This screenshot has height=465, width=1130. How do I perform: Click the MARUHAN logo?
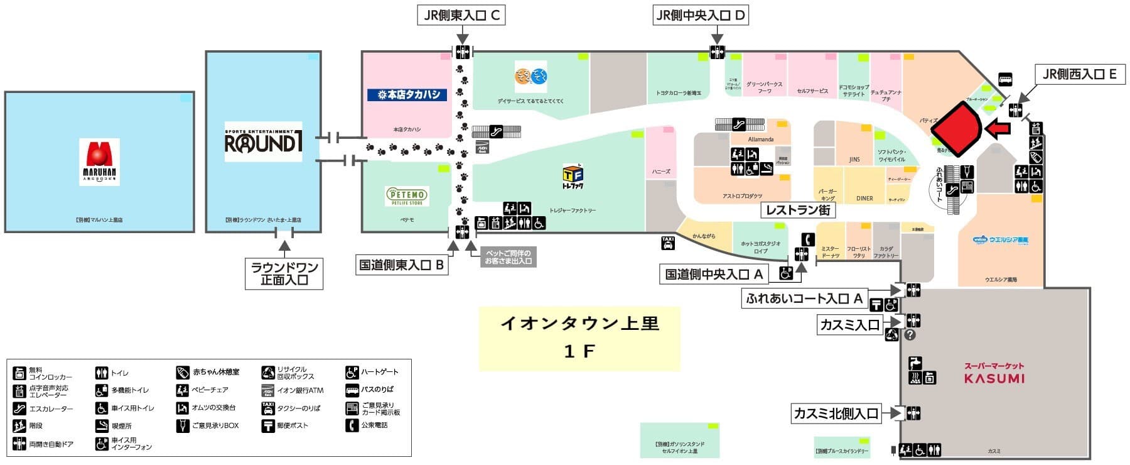point(100,161)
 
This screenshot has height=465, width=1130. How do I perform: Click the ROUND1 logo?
point(263,142)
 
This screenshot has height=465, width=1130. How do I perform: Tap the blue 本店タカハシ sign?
point(407,95)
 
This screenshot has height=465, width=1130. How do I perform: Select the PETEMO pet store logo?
point(407,195)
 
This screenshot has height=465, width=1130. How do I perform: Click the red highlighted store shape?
point(955,128)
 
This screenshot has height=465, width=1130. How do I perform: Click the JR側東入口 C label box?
point(461,16)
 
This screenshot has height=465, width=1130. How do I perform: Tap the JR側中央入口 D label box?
point(699,16)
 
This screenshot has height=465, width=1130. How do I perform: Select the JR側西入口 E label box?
point(1079,74)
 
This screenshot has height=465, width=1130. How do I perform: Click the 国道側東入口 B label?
point(401,265)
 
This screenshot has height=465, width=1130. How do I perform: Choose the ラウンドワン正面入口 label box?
point(284,273)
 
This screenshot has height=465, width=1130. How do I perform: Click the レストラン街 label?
point(799,210)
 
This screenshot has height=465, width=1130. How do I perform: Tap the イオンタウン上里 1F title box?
point(579,338)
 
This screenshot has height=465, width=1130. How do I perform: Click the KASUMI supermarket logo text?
point(994,378)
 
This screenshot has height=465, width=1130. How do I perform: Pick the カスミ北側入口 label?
point(836,413)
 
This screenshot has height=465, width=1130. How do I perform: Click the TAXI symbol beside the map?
point(668,243)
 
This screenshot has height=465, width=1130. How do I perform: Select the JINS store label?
point(854,160)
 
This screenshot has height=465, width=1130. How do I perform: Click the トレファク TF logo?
point(573,177)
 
